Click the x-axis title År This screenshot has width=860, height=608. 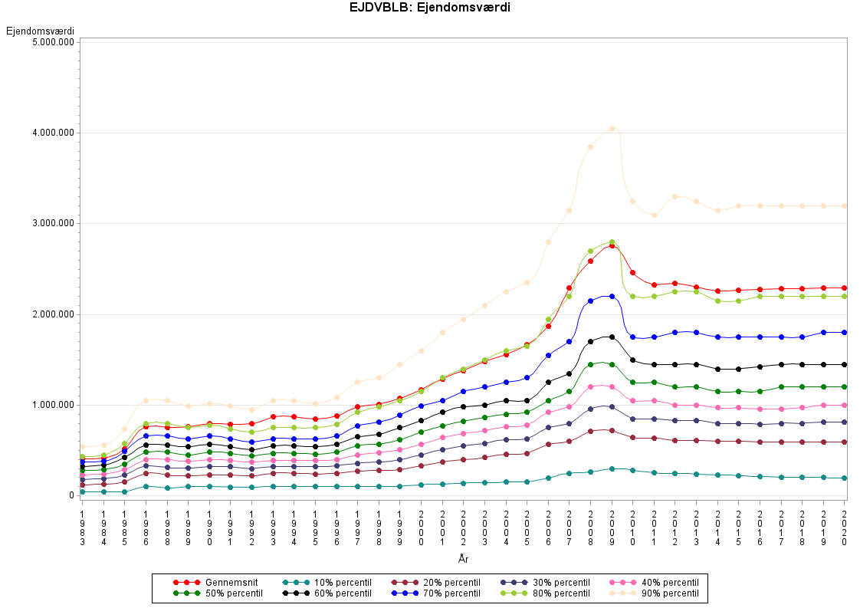[x=463, y=560]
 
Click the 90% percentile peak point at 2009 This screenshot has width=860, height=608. [x=612, y=129]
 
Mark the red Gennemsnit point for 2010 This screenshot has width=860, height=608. [x=633, y=272]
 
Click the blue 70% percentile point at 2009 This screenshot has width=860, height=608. [x=612, y=296]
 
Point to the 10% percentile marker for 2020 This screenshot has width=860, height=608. [x=845, y=478]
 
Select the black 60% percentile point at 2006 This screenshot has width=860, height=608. [x=548, y=382]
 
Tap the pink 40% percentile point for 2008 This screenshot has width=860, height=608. [x=590, y=386]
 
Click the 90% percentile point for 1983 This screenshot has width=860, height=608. [x=82, y=446]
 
